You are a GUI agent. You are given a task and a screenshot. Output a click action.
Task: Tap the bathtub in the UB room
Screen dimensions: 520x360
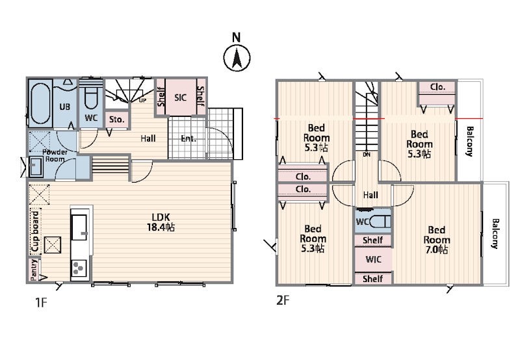[x=40, y=103]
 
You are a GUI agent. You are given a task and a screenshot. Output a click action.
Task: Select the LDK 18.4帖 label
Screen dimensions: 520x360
[x=161, y=222]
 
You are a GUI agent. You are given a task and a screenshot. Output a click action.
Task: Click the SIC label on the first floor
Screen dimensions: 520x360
[x=181, y=97]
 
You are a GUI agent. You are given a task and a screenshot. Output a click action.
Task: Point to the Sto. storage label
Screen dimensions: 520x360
[x=116, y=120]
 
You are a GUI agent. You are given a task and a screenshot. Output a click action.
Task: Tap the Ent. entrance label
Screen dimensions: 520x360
[x=188, y=138]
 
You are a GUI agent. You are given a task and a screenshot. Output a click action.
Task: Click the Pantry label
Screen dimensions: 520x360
[x=34, y=270]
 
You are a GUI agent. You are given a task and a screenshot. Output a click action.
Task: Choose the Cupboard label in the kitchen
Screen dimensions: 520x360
[x=35, y=231]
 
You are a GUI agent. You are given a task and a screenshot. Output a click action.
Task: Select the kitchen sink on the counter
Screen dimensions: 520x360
[x=79, y=227]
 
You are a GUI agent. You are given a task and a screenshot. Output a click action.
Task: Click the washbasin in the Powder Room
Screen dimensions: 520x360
[x=36, y=166]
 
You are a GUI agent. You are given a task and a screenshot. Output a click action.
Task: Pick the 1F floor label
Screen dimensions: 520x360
[x=42, y=302]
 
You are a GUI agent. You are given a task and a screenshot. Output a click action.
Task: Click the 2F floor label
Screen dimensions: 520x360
[x=283, y=300]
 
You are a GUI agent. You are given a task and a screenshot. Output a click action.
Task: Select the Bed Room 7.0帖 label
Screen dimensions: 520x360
[x=437, y=240]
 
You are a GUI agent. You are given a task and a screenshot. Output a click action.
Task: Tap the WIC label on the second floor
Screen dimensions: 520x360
[x=373, y=259]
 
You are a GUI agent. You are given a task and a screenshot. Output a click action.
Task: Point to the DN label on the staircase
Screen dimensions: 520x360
[x=367, y=155]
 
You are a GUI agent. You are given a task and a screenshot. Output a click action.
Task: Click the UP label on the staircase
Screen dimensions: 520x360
[x=142, y=100]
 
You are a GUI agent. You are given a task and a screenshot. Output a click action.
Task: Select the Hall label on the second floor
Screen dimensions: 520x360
[x=370, y=195]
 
